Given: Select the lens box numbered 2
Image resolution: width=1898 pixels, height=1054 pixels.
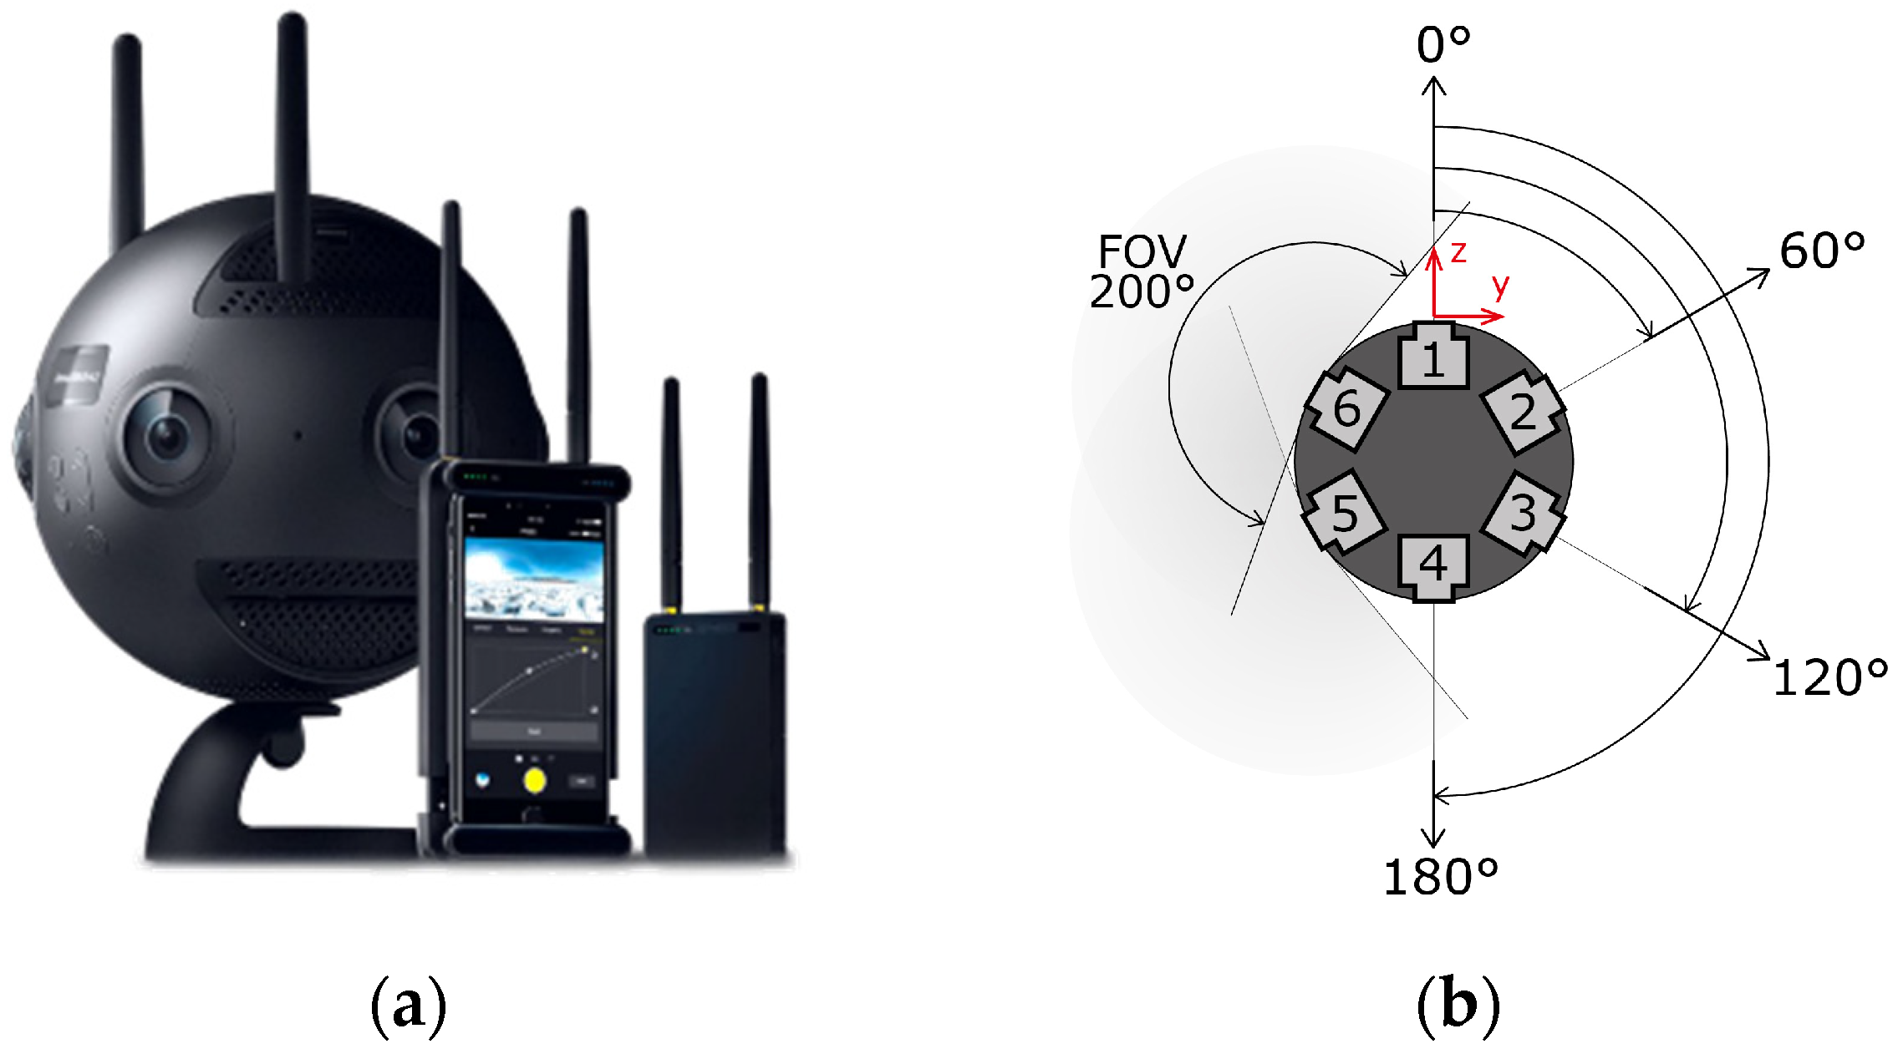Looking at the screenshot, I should tap(1523, 411).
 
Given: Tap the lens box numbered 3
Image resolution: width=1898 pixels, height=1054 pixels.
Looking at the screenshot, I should tap(1523, 513).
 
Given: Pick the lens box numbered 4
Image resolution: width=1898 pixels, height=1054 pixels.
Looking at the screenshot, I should tap(1433, 565).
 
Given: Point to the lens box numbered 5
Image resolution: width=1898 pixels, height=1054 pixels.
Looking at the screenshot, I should tap(1345, 513).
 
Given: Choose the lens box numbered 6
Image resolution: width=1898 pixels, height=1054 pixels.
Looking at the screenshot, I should tap(1346, 409).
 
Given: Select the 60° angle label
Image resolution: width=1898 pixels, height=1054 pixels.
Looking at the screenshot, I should tap(1821, 250).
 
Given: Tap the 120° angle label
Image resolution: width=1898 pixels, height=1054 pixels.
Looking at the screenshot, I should tap(1829, 676).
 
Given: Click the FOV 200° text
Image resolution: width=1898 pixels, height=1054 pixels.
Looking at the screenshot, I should tap(1142, 272).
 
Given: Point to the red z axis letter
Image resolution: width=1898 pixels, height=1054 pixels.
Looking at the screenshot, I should tap(1458, 252).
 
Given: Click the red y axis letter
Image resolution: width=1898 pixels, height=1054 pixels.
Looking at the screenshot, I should tap(1501, 286).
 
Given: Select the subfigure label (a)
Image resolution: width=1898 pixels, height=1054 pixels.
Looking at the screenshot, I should tap(408, 1006).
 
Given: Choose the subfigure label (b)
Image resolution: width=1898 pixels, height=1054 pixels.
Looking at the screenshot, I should tap(1458, 1006).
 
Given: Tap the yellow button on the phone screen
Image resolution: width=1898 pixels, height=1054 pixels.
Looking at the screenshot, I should tap(535, 781).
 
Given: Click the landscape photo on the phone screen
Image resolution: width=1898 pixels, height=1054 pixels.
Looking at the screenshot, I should tap(533, 579).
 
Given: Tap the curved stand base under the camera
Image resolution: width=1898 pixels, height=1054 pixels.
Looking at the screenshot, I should tap(217, 777).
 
